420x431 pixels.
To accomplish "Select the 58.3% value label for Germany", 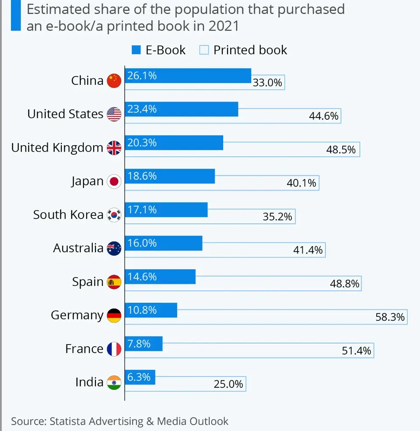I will (390, 317).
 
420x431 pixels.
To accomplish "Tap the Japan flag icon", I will (114, 181).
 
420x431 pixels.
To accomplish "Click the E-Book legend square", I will (136, 50).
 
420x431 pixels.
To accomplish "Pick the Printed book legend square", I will (204, 50).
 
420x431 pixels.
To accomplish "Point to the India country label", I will (89, 382).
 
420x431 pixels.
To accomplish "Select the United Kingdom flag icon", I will (114, 148).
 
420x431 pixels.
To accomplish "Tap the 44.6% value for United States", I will (323, 116).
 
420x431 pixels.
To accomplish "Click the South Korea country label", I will (68, 215).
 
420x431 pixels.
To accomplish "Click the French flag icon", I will (114, 349).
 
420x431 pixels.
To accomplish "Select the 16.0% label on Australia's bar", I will (142, 243).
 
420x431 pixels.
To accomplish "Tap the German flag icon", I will (114, 316).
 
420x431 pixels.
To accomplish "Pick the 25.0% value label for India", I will (228, 384).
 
